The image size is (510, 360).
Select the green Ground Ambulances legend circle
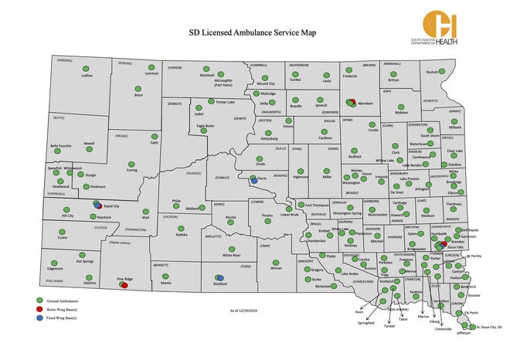coord(39,299)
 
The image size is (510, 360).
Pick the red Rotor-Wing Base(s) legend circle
coord(39,307)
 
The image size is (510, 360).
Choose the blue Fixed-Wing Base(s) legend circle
coord(39,316)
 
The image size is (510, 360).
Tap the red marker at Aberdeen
coord(352,102)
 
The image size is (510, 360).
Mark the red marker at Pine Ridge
coord(124,285)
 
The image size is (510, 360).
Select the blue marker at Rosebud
coord(220,277)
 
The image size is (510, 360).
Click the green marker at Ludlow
coord(87,68)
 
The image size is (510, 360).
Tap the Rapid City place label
coord(114,205)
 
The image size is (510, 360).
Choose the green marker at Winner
coord(277,260)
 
